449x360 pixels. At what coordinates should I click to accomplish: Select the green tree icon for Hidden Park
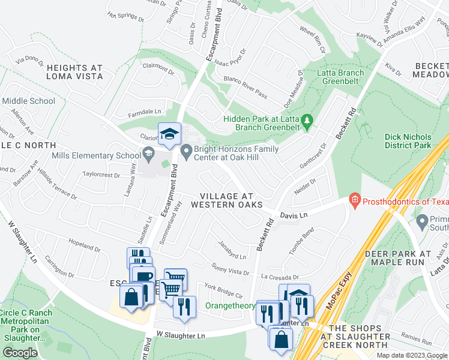[307, 121]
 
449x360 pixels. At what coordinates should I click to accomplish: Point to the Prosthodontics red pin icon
[354, 199]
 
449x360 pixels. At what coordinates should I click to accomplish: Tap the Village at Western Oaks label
[226, 200]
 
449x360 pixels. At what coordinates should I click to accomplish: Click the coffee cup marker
[143, 277]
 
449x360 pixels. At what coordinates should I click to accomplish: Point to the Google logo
[19, 352]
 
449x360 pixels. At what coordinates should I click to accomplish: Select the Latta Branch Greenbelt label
[343, 77]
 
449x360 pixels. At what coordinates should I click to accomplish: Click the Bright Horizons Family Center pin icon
[186, 150]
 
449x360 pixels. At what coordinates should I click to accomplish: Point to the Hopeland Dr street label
[83, 247]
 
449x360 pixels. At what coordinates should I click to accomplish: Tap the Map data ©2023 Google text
[411, 355]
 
